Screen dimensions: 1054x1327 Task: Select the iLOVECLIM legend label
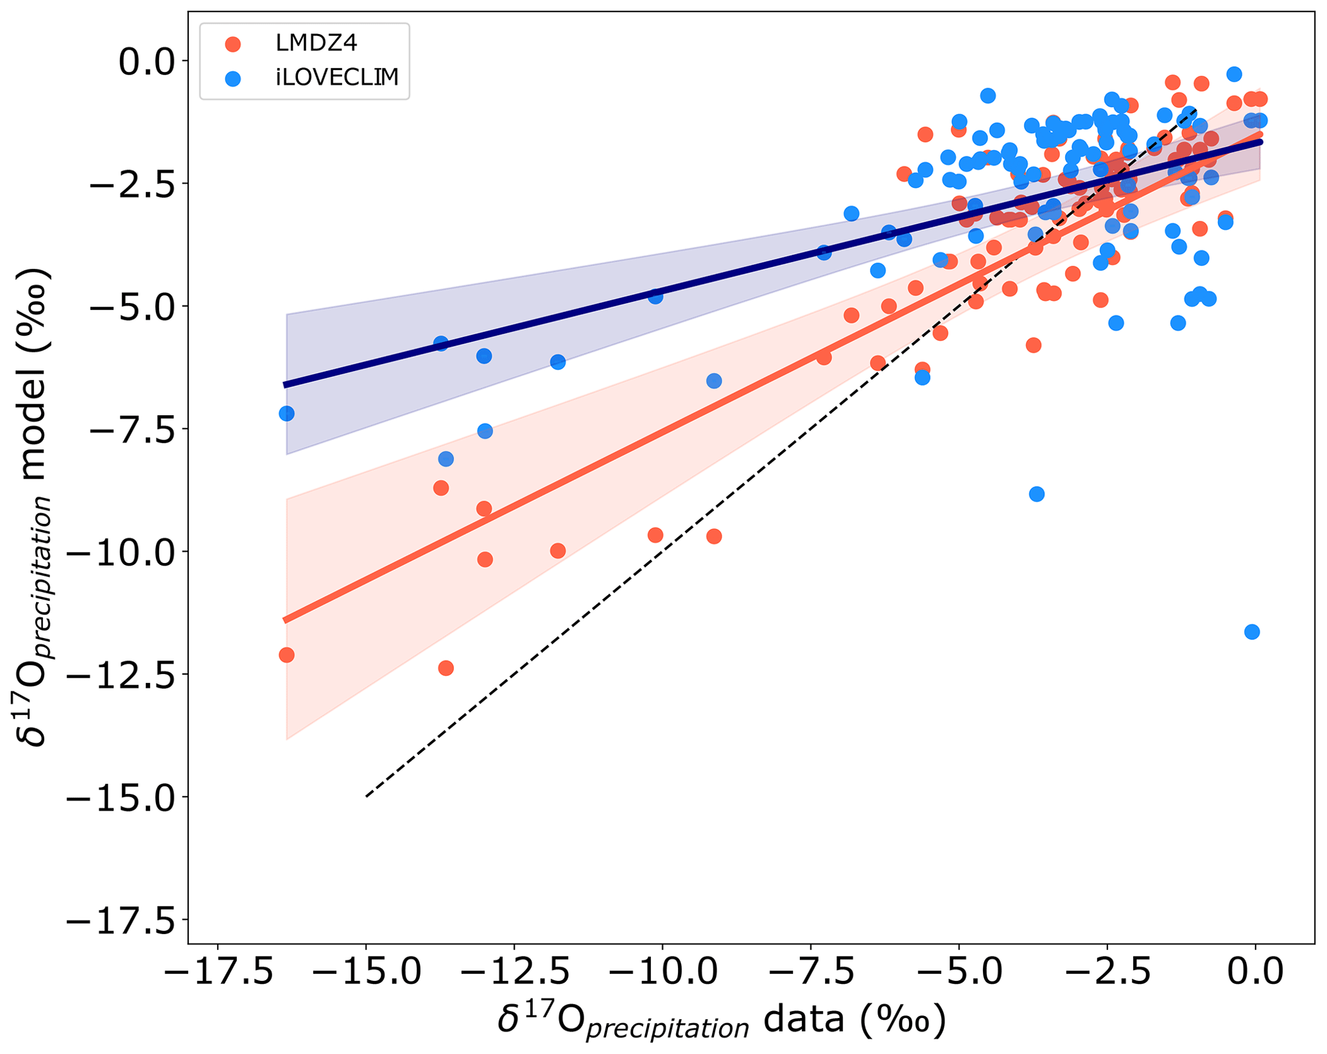(337, 77)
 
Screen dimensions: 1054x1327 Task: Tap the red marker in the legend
(233, 44)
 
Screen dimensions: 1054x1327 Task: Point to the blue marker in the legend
(233, 78)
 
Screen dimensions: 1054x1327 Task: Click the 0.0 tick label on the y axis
(147, 62)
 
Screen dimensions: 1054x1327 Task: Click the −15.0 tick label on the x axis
(366, 972)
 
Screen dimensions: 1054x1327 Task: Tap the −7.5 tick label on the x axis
(810, 972)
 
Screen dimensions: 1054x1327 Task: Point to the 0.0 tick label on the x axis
(1255, 972)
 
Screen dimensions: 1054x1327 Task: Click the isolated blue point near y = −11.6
(1252, 632)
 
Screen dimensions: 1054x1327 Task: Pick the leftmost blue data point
(286, 414)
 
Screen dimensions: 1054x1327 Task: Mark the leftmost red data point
(286, 655)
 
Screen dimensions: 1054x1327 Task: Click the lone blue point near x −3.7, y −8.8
(1036, 494)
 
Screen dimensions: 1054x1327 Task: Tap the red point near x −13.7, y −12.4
(446, 668)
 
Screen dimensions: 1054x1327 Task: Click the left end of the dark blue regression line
(285, 385)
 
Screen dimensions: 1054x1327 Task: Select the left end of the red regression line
(285, 620)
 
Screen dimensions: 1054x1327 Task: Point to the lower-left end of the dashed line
(367, 797)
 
